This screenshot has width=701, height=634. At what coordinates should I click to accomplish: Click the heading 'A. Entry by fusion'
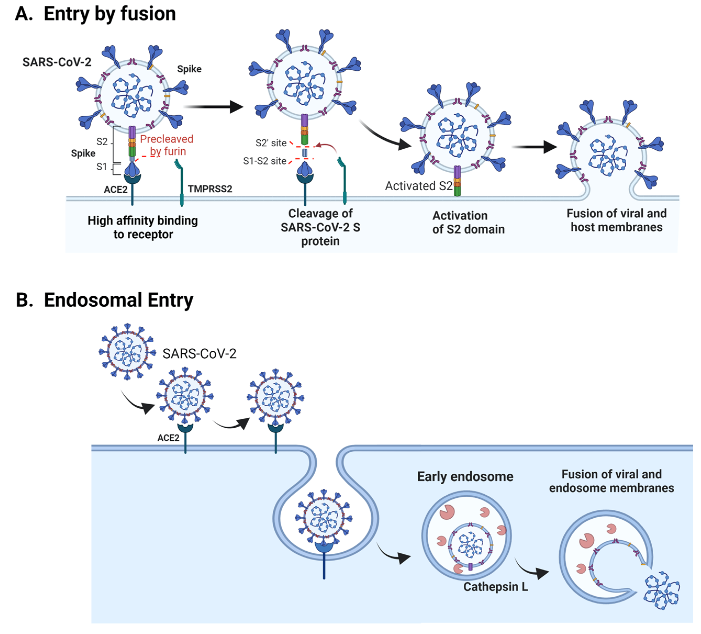95,14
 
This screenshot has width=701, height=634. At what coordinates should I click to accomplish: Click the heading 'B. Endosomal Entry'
104,300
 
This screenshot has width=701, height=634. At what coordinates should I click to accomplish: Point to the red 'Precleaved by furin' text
167,145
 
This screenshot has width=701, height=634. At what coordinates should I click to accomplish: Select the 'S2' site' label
271,143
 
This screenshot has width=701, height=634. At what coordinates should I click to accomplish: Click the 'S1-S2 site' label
265,161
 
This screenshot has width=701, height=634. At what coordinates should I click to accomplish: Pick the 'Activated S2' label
419,186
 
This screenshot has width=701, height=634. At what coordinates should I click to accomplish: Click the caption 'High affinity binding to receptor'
143,227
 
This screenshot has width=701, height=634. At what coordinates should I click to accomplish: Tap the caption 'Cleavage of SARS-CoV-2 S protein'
320,227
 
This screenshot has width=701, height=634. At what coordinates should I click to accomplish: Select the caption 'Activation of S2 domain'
468,223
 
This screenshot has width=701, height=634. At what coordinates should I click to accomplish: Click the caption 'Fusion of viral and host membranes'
616,220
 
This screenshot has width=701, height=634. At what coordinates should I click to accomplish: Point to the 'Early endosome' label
465,477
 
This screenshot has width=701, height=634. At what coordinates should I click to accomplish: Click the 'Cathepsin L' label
496,587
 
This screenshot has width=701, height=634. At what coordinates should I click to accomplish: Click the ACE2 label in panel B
168,438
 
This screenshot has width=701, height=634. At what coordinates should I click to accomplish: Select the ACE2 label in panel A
115,189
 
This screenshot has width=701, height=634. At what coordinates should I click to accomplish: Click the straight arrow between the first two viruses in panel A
213,107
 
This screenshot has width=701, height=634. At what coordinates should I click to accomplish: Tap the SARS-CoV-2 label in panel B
199,354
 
